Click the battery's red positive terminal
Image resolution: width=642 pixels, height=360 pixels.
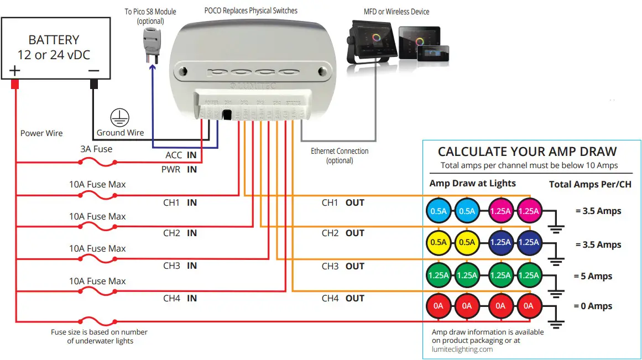point(15,84)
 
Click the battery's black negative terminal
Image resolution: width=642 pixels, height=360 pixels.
point(93,84)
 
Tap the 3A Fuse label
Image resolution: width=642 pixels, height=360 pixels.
point(96,149)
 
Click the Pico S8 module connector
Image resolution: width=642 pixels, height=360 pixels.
point(150,41)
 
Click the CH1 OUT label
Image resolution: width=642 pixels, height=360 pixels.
point(343,203)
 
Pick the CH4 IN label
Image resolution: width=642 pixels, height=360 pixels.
point(180,299)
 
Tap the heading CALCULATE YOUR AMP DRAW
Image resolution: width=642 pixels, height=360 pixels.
point(527,152)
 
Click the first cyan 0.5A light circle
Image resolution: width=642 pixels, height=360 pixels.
point(439,211)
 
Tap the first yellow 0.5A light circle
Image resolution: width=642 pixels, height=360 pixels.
point(439,242)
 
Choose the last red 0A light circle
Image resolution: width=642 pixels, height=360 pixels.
point(528,306)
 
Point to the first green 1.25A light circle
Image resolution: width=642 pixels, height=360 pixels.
point(439,275)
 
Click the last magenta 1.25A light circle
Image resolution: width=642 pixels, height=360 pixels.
point(528,211)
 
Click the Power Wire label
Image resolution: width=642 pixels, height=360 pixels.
point(41,133)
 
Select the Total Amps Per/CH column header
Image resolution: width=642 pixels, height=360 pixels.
point(590,185)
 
